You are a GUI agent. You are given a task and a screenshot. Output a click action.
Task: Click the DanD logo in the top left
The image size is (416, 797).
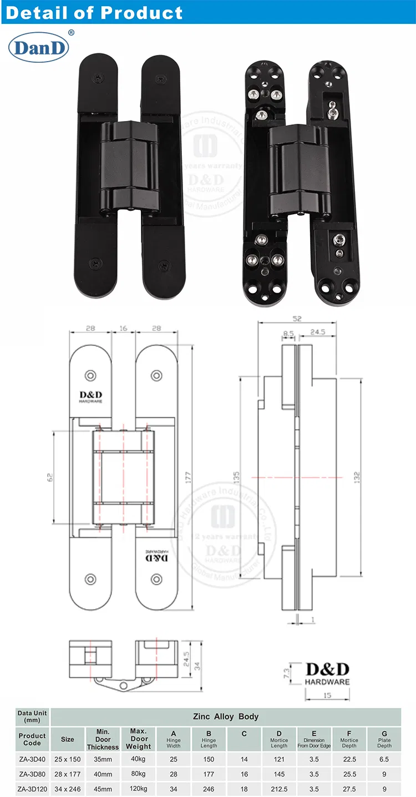[38, 48]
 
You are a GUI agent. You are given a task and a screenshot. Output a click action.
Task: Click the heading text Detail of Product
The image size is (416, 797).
[94, 12]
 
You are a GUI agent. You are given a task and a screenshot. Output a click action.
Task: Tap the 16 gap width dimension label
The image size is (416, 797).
[123, 329]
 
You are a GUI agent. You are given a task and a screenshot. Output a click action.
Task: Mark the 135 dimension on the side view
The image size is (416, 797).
[236, 478]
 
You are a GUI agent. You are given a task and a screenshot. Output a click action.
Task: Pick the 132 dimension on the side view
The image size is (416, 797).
[357, 477]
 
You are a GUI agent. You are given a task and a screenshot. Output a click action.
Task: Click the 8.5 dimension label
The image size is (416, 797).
[288, 334]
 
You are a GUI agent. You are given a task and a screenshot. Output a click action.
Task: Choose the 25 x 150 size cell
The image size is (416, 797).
[68, 759]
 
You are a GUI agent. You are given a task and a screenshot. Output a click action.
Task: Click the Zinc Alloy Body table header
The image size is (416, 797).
[225, 716]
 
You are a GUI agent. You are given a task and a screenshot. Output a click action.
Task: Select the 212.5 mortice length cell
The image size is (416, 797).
[279, 789]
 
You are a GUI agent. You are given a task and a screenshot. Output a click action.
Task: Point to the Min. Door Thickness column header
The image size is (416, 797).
[103, 739]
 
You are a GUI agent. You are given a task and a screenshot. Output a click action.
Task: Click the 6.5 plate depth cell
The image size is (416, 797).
[384, 759]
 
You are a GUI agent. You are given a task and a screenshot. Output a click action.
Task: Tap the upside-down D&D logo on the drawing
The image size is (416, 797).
[156, 557]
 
